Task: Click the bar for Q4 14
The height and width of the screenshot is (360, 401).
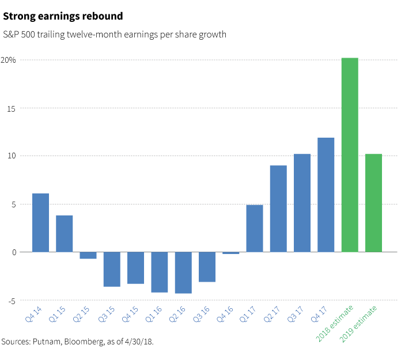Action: click(x=40, y=222)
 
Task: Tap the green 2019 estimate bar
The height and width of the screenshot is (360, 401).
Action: click(x=373, y=203)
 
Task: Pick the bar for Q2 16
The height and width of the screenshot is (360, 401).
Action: click(x=183, y=272)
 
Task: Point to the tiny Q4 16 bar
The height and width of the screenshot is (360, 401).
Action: click(x=230, y=253)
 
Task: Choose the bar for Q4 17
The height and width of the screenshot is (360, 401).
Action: click(x=326, y=195)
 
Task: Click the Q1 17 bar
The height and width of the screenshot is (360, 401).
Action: click(x=255, y=228)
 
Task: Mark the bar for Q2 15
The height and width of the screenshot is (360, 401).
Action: click(x=88, y=255)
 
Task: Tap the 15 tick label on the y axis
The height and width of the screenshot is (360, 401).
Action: click(x=12, y=108)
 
